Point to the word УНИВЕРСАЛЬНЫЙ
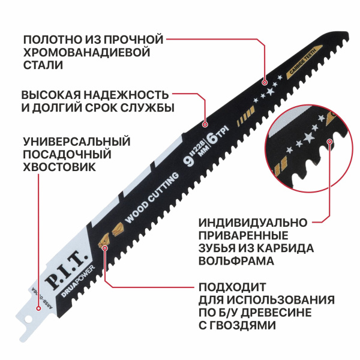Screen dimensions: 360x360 76,142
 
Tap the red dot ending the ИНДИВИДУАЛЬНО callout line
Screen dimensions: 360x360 330,142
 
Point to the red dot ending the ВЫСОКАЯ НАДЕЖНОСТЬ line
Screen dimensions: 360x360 205,125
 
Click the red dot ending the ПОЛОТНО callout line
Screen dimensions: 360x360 265,79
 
